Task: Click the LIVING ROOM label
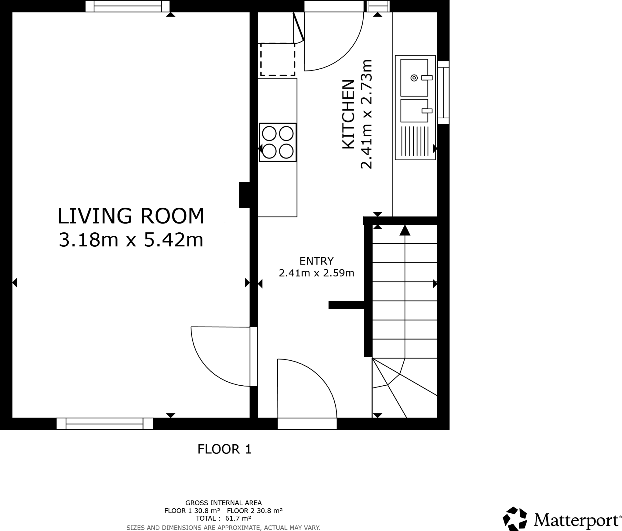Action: click(x=131, y=216)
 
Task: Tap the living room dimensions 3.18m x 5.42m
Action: click(x=131, y=240)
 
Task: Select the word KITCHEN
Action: click(x=349, y=114)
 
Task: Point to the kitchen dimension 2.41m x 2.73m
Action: click(x=367, y=114)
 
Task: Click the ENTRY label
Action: click(x=316, y=261)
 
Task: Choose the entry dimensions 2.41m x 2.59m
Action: click(x=316, y=273)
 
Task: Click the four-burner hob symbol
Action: click(x=278, y=142)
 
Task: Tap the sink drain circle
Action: click(x=414, y=78)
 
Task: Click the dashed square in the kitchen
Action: click(x=278, y=59)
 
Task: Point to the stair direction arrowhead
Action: click(x=405, y=230)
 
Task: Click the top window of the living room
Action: click(x=127, y=6)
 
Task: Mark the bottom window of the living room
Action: click(x=104, y=424)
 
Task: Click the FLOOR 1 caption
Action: click(x=224, y=449)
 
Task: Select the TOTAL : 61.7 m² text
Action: click(x=223, y=519)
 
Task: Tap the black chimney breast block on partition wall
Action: click(x=244, y=195)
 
